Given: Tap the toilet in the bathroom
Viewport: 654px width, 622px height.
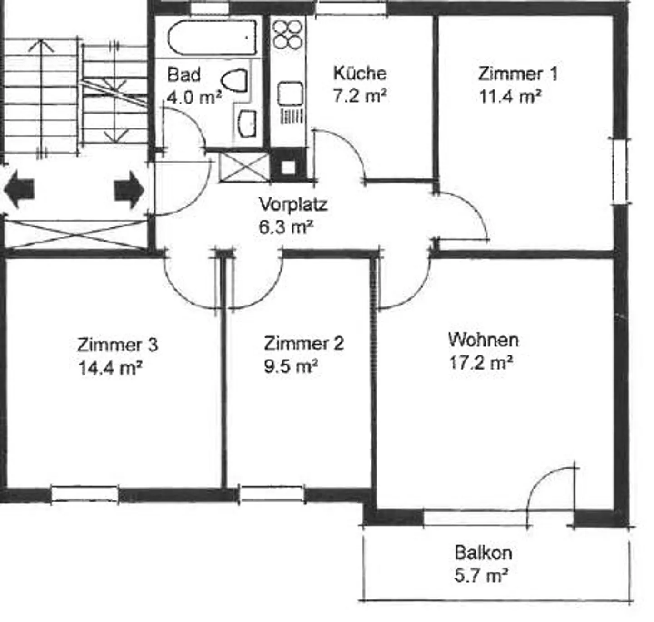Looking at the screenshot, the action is coord(234,80).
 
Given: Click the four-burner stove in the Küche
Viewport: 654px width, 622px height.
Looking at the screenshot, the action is coord(287,34).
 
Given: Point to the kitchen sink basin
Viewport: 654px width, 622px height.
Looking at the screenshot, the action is coord(290,94).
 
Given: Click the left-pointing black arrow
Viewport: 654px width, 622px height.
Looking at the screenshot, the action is coord(19,190).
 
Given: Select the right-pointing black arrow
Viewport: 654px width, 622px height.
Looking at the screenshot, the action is coord(129,190).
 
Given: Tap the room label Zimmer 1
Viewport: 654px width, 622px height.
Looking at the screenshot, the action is coord(518,74).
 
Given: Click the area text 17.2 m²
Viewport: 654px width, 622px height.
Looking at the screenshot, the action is coord(481,362).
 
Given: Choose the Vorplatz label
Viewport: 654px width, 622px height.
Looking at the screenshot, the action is coord(293,205).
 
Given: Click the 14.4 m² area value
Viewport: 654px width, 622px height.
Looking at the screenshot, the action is coord(110,368).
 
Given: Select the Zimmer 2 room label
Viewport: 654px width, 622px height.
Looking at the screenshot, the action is coord(304,343).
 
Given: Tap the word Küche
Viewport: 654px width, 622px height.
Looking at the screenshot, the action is coord(360,73).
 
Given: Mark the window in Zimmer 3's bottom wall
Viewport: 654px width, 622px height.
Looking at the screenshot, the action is coord(85,494).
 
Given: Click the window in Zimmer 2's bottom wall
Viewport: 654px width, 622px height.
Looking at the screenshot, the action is coord(272,494).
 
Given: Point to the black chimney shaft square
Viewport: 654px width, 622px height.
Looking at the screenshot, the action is coord(288,165).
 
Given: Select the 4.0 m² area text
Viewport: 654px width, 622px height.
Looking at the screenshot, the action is coord(194,98).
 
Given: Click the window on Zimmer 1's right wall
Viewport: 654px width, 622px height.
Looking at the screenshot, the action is coord(621,172).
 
